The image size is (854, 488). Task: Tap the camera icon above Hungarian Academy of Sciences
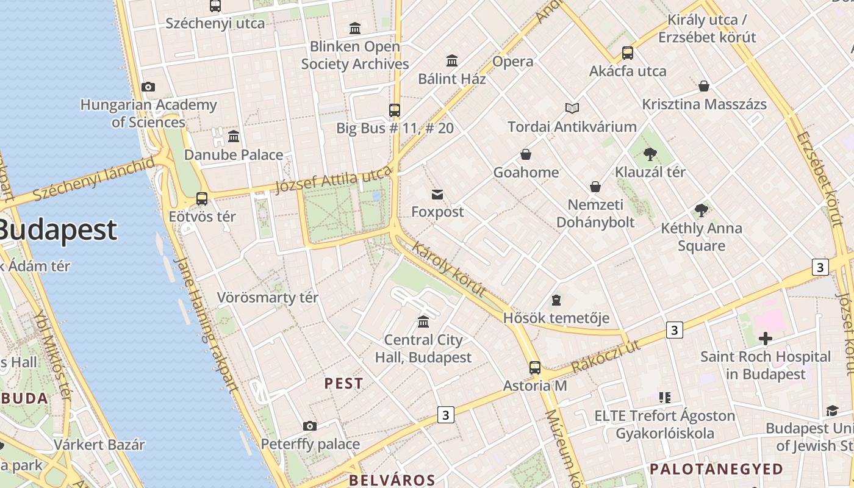pyautogui.click(x=148, y=87)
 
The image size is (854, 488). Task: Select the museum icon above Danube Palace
pyautogui.click(x=233, y=137)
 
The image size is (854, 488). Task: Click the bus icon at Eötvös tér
pyautogui.click(x=202, y=199)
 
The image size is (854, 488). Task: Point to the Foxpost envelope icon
pyautogui.click(x=437, y=195)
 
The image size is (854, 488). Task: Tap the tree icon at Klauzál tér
pyautogui.click(x=650, y=154)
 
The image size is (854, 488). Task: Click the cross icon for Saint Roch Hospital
pyautogui.click(x=765, y=339)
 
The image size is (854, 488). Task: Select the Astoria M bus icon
pyautogui.click(x=534, y=368)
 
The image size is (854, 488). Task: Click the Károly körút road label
pyautogui.click(x=448, y=268)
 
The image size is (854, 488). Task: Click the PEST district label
pyautogui.click(x=343, y=384)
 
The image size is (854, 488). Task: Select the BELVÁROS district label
pyautogui.click(x=392, y=479)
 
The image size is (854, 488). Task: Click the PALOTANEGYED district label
pyautogui.click(x=716, y=469)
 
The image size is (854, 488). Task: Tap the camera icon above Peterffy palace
pyautogui.click(x=309, y=426)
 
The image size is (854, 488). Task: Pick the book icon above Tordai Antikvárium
pyautogui.click(x=572, y=109)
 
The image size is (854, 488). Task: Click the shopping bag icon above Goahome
pyautogui.click(x=525, y=155)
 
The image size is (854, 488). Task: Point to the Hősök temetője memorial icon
pyautogui.click(x=556, y=300)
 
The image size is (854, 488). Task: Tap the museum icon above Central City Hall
pyautogui.click(x=423, y=321)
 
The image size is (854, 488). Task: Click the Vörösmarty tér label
pyautogui.click(x=268, y=298)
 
